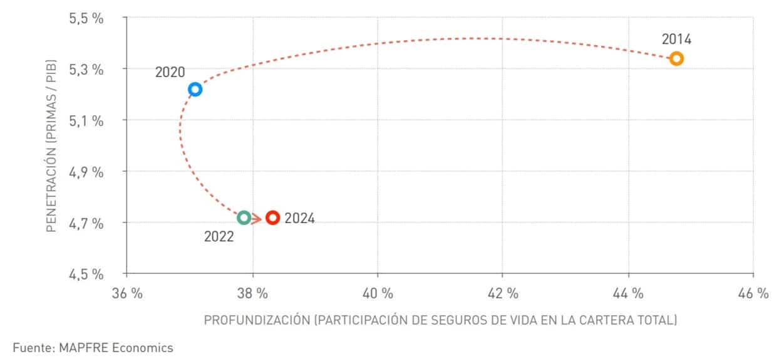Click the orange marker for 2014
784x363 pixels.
676,59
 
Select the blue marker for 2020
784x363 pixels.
195,89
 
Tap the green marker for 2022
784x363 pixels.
244,218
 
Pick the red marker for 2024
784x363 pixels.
272,218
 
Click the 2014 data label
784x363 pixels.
676,39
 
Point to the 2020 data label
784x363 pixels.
170,72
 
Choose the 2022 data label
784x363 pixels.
219,237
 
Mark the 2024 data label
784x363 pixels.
299,218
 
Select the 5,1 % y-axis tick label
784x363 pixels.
86,120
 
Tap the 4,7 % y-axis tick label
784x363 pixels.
86,223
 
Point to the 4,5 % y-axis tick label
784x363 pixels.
86,274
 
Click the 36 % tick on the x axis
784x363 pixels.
127,293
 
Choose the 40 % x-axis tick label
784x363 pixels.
378,293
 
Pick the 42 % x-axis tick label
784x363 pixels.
503,293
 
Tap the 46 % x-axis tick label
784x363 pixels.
753,293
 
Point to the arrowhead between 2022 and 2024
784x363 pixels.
256,218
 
